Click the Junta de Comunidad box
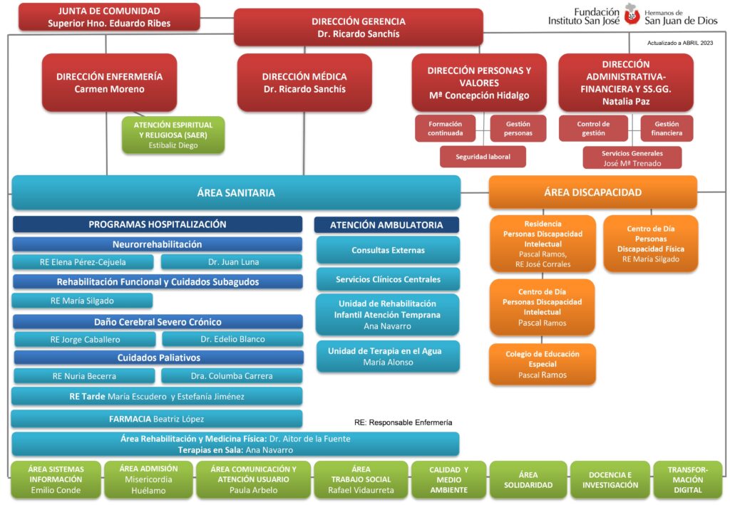pos(109,17)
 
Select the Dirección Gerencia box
pos(359,28)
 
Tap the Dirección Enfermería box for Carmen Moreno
pos(109,83)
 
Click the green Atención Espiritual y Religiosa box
pos(173,135)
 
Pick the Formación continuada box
pos(446,128)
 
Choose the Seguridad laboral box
pos(483,157)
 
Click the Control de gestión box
pos(593,128)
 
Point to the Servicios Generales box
pos(632,158)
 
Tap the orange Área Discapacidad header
pos(592,192)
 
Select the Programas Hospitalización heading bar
pos(158,224)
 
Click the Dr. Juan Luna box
pos(232,262)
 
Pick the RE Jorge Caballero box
pos(86,340)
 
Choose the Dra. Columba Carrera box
pos(232,376)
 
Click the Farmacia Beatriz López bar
pos(156,419)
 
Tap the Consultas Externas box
pos(388,250)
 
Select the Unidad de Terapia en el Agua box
pos(388,357)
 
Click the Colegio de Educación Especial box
pos(543,364)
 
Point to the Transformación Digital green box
pos(688,480)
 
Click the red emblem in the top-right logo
pos(632,14)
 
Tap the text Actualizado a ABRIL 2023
pos(679,43)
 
